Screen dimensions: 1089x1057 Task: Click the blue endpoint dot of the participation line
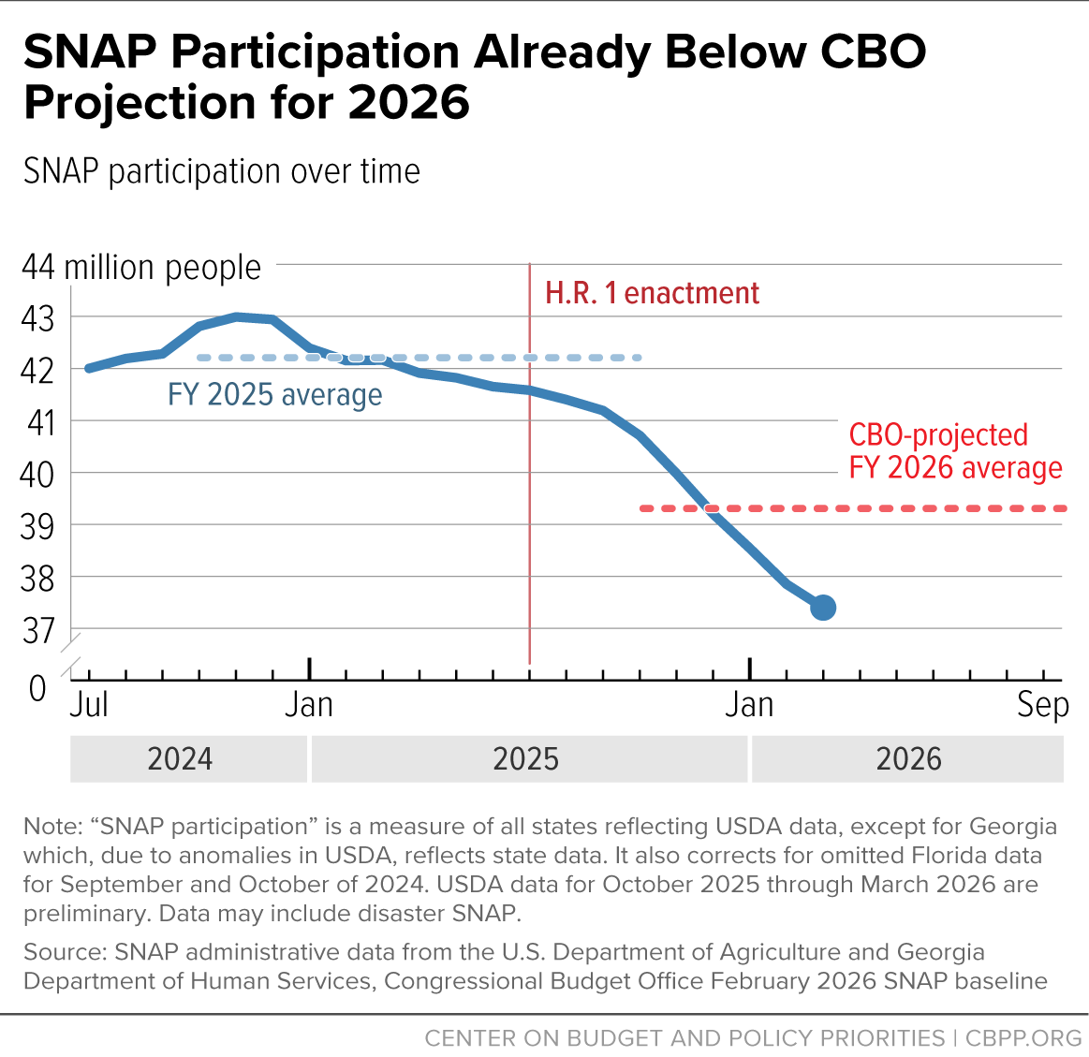pyautogui.click(x=823, y=607)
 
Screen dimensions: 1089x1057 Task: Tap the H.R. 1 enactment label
pyautogui.click(x=652, y=293)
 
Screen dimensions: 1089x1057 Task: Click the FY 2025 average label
pyautogui.click(x=275, y=394)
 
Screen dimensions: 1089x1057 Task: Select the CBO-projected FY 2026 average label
pyautogui.click(x=956, y=451)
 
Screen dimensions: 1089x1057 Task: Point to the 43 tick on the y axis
pyautogui.click(x=37, y=318)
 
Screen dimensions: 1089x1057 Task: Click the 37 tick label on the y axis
pyautogui.click(x=37, y=631)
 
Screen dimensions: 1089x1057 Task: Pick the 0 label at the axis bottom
pyautogui.click(x=37, y=688)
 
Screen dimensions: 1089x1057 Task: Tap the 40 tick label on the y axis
pyautogui.click(x=37, y=475)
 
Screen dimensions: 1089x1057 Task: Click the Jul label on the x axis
pyautogui.click(x=89, y=705)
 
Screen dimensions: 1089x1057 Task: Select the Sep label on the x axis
pyautogui.click(x=1043, y=706)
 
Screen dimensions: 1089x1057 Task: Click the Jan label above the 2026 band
pyautogui.click(x=749, y=705)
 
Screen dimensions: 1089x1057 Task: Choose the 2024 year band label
pyautogui.click(x=180, y=759)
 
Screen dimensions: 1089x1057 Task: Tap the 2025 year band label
pyautogui.click(x=525, y=759)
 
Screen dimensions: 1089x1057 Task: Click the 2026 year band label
pyautogui.click(x=908, y=759)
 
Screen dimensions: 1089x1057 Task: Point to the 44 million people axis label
pyautogui.click(x=141, y=268)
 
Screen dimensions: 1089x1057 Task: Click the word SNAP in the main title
pyautogui.click(x=90, y=51)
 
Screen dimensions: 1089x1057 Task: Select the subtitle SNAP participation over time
pyautogui.click(x=222, y=171)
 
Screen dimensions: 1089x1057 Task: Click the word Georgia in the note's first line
pyautogui.click(x=1012, y=827)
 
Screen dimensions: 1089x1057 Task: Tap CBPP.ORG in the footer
pyautogui.click(x=1023, y=1038)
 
